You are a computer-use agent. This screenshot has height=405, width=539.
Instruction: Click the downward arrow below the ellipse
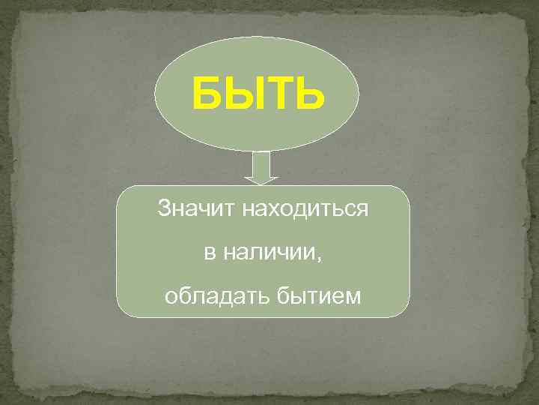click(261, 168)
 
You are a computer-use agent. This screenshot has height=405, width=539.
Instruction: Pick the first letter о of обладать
click(170, 298)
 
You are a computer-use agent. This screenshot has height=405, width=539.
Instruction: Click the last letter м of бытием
click(353, 298)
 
